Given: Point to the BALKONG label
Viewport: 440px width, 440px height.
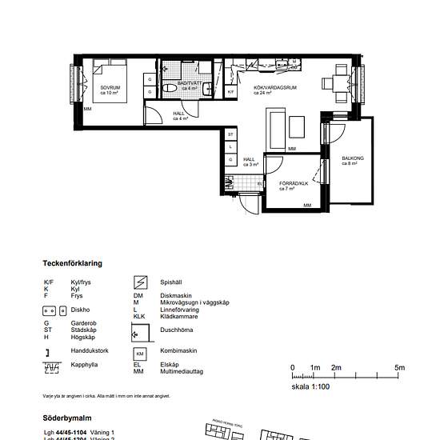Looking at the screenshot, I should click(x=353, y=159).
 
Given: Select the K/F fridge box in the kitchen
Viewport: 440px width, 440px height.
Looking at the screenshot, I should click(x=230, y=92).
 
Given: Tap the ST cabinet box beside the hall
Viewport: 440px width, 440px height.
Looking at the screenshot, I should click(x=230, y=134).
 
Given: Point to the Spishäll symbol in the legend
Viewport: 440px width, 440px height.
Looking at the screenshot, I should click(x=139, y=282).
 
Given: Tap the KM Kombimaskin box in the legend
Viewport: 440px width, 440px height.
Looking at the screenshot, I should click(x=139, y=354).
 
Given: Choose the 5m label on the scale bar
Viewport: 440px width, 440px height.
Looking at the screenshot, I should click(x=399, y=367).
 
